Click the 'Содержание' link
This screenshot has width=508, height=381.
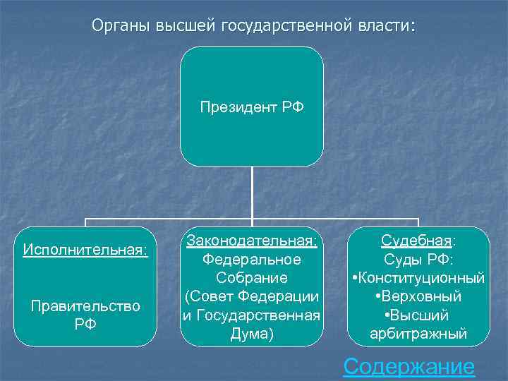[x=408, y=366]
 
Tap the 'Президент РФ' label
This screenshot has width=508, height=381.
[x=252, y=107]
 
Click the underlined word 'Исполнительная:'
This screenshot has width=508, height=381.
[x=85, y=249]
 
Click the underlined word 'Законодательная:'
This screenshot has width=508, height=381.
[x=252, y=241]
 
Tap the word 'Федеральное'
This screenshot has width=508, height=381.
[x=252, y=260]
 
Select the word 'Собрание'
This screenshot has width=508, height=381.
[x=252, y=278]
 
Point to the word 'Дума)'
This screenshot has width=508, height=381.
[x=252, y=333]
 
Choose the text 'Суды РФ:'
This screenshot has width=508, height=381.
[x=419, y=260]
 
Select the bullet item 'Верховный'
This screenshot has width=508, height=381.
[x=422, y=296]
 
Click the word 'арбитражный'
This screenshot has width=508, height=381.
[x=419, y=333]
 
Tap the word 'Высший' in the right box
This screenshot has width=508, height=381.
[x=422, y=315]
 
